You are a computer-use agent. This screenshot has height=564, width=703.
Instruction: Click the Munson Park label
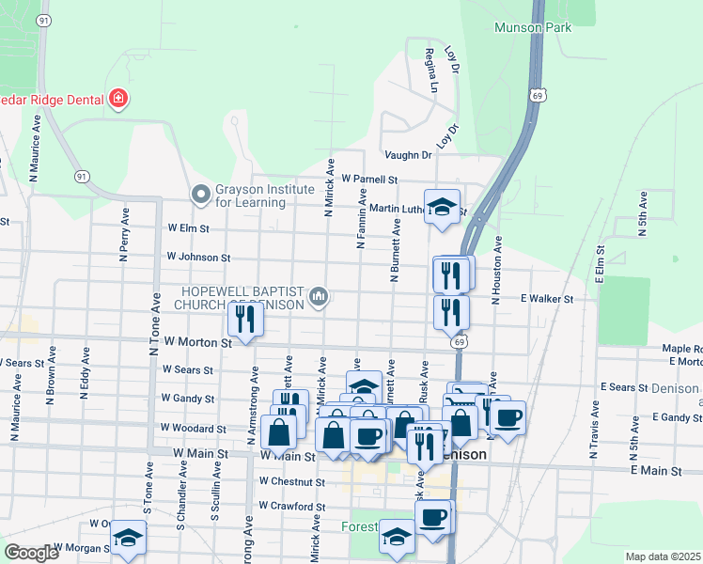533,27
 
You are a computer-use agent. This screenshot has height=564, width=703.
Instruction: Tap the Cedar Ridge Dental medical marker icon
118,97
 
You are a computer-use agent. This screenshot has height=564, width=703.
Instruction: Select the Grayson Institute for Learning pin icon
199,195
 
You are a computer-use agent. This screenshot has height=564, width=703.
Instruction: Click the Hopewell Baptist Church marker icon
320,298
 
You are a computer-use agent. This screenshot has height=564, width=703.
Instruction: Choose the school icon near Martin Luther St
442,207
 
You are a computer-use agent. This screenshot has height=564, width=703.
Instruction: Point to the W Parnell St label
369,179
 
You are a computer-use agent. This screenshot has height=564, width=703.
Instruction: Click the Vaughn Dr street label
407,155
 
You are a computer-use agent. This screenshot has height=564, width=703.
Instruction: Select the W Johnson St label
198,256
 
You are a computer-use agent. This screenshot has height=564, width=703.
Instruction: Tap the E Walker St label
547,298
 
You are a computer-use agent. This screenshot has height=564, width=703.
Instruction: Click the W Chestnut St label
291,482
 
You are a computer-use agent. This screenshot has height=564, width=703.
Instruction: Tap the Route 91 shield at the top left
43,19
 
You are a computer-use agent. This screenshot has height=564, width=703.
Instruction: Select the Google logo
30,553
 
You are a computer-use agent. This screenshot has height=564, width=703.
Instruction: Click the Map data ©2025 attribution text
663,556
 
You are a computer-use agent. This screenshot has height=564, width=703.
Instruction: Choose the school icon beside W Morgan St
129,538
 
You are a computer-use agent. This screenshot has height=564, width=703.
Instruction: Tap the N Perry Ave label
122,234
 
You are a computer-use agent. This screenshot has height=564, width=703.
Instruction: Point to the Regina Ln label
433,70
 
